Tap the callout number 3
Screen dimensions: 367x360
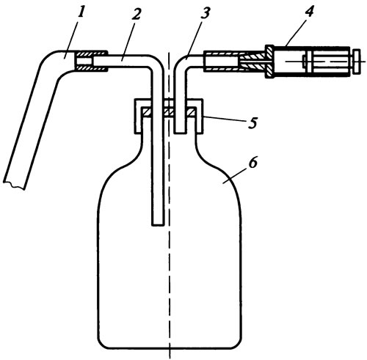click(x=205, y=13)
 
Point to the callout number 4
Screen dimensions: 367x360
click(x=309, y=11)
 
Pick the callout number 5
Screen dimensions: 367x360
click(x=252, y=123)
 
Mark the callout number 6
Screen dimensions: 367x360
click(x=253, y=163)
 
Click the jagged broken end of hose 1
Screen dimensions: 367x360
click(x=14, y=185)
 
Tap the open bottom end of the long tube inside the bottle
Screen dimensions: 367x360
click(x=157, y=224)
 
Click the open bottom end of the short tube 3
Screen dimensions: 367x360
click(x=180, y=132)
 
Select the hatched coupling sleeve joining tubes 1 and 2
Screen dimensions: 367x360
click(x=91, y=62)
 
